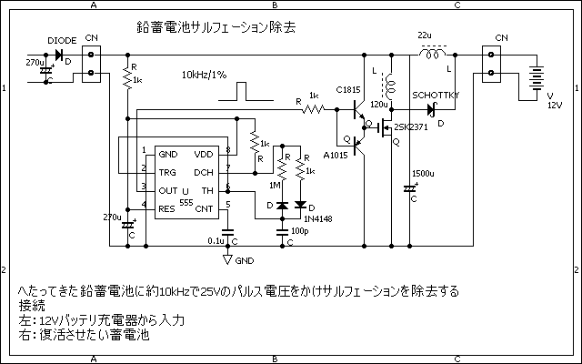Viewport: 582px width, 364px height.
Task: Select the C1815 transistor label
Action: click(x=348, y=89)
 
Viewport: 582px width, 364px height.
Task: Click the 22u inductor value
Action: click(x=425, y=35)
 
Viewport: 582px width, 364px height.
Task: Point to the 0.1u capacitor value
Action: click(x=216, y=240)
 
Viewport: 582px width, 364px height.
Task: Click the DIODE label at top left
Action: click(x=60, y=39)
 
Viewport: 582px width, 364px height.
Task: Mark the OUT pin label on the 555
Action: click(x=167, y=190)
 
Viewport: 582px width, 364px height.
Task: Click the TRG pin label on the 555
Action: click(x=166, y=172)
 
